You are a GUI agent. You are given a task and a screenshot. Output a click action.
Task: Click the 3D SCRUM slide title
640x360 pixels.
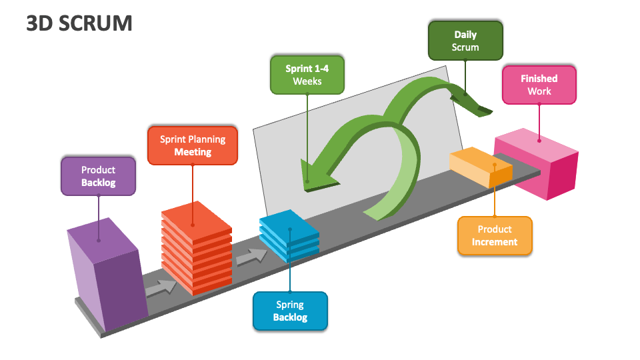coord(79,23)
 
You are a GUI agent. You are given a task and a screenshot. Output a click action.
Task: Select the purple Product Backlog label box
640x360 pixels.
coord(98,176)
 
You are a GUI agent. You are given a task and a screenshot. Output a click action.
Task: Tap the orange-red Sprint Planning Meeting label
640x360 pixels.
coord(193,145)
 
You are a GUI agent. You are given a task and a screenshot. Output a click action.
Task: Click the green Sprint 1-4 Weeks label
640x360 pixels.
coord(307,75)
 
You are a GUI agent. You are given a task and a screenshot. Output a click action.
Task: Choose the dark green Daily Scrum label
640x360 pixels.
coord(465,41)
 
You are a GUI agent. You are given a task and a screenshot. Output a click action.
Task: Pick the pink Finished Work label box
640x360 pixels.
coord(539,85)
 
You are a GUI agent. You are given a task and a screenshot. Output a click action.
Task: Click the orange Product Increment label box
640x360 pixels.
coord(495,235)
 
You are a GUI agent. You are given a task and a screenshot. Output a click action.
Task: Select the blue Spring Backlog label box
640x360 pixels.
coord(290,311)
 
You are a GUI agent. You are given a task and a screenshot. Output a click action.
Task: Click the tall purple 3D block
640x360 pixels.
coord(107,273)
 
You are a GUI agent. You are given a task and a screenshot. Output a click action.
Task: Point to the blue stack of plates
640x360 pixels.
coord(289,235)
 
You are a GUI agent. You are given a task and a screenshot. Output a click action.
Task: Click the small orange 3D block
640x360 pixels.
coord(480,167)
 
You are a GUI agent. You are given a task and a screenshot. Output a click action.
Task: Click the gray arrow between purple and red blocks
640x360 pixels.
coord(161,288)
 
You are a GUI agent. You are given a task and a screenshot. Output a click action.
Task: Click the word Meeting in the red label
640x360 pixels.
coord(193,152)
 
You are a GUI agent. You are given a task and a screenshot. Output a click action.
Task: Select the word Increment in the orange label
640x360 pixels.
coord(495,242)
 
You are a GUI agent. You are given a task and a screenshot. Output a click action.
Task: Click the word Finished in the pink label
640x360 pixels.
coord(539,78)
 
